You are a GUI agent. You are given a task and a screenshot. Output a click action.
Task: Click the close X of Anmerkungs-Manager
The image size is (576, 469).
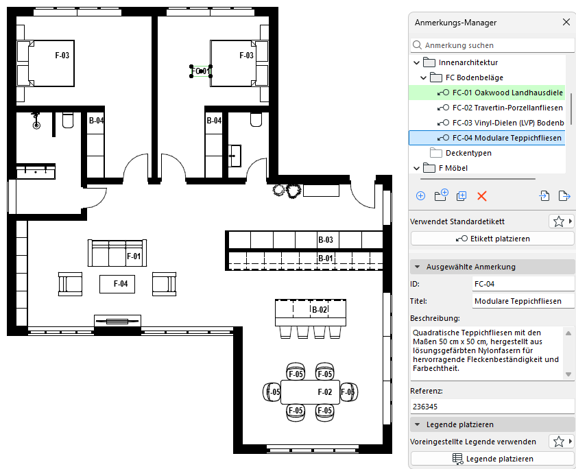tap(566, 23)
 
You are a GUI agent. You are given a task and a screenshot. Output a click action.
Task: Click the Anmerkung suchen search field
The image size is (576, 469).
tap(492, 45)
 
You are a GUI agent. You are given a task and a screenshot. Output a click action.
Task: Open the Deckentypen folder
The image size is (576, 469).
tap(468, 153)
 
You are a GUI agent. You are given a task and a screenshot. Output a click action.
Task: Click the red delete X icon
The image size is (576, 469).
tap(481, 196)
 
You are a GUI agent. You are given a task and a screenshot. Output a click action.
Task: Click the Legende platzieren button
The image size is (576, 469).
tap(492, 459)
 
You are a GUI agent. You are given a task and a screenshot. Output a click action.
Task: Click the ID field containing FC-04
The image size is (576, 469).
tap(523, 284)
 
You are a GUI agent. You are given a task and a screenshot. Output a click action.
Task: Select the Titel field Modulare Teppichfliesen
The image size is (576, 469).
tap(523, 301)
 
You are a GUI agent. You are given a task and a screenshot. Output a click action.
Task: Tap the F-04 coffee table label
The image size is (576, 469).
tap(121, 284)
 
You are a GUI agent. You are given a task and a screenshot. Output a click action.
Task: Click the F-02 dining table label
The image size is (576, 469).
tap(325, 392)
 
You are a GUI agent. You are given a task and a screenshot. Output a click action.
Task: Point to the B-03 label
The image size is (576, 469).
tap(326, 240)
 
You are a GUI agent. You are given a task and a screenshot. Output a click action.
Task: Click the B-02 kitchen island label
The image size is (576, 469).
tap(320, 310)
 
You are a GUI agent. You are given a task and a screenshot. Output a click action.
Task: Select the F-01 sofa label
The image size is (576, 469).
tap(134, 256)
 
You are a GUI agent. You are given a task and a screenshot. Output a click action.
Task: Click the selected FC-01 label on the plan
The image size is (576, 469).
tap(201, 71)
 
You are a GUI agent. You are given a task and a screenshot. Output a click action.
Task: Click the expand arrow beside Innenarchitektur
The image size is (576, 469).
tap(417, 62)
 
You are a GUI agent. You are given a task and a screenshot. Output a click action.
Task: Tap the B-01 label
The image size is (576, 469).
tap(325, 258)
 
